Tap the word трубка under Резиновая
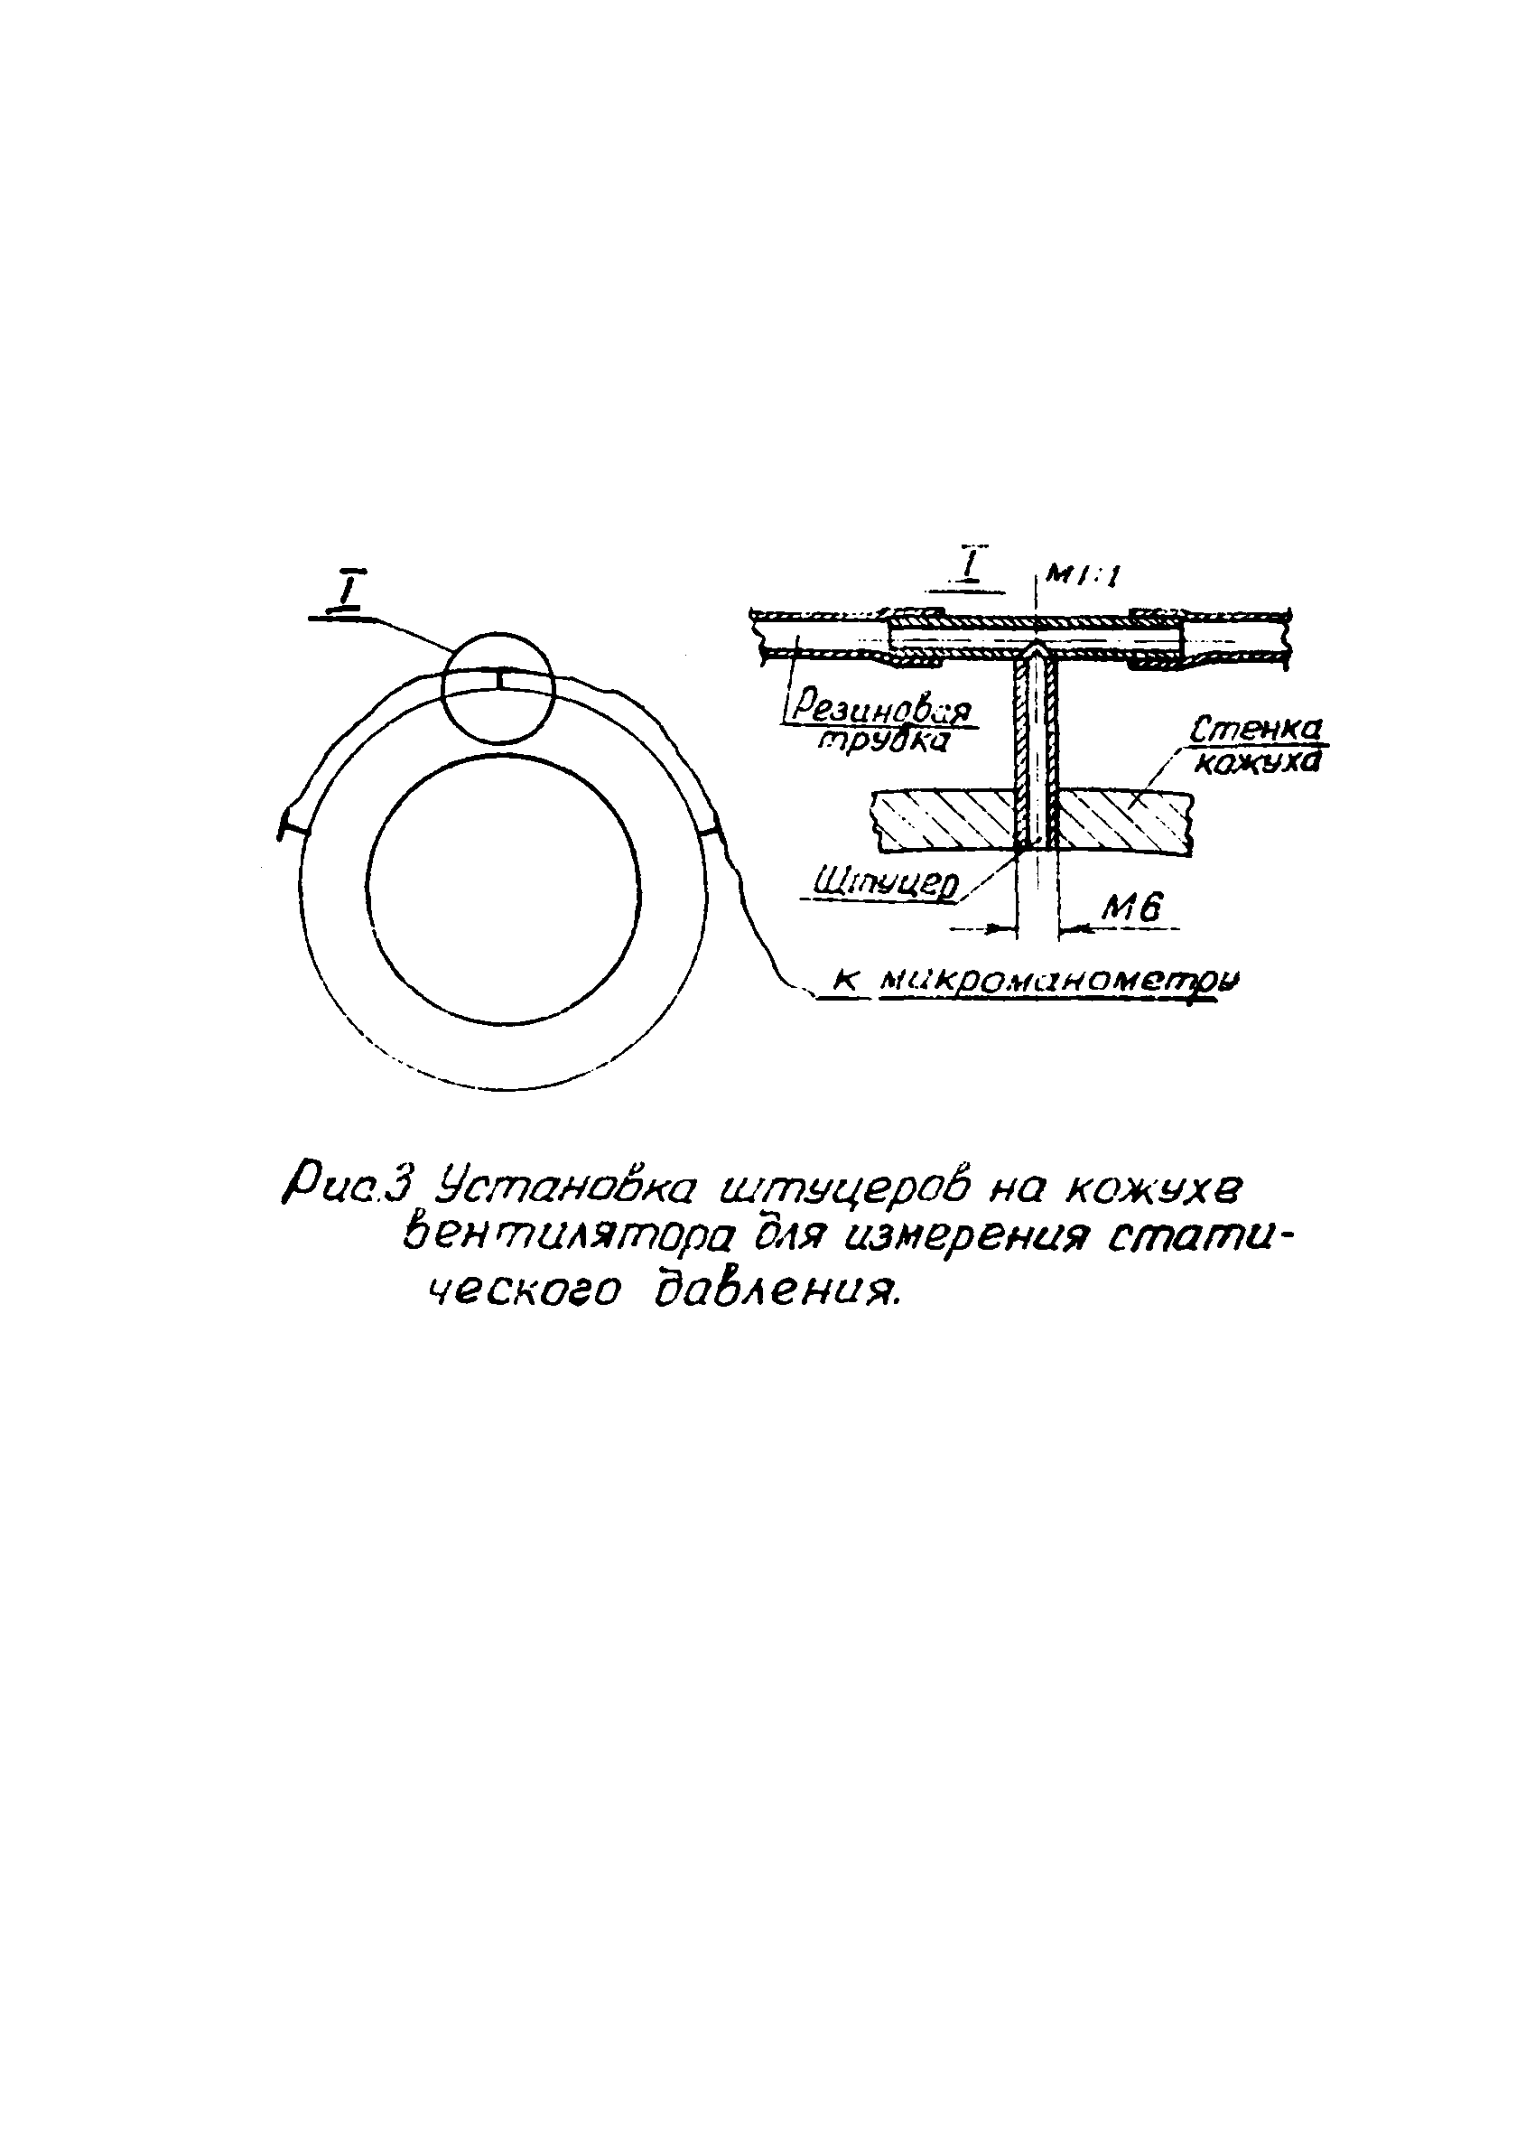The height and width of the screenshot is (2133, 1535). (x=882, y=740)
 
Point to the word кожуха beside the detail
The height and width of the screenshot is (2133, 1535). (x=1257, y=761)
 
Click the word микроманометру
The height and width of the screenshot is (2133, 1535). (x=1060, y=981)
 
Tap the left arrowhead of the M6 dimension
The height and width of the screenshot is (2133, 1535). (x=1010, y=929)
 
